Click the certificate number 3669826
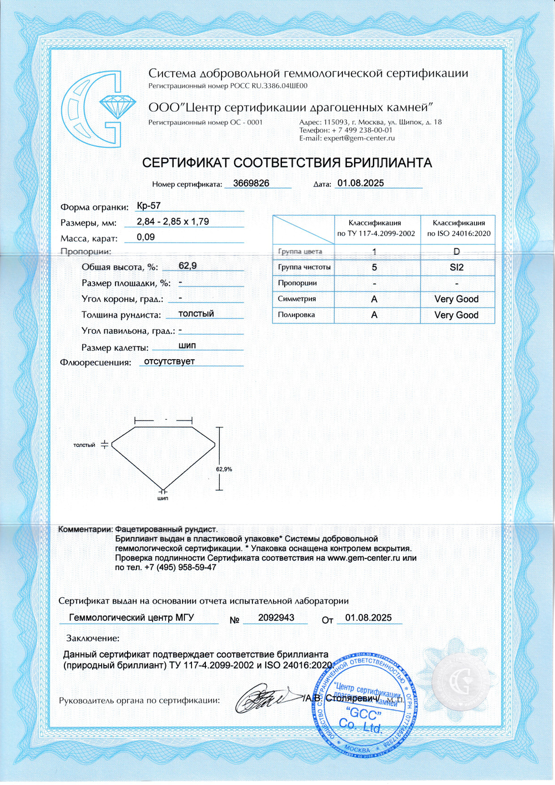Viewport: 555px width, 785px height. click(251, 183)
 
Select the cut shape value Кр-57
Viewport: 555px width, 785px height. click(149, 206)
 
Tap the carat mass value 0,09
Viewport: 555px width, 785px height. click(146, 237)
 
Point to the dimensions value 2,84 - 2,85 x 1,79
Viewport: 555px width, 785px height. click(173, 222)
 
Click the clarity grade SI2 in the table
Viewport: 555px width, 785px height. click(457, 268)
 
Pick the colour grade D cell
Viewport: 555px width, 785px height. click(457, 251)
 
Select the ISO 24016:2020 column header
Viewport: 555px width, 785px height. click(458, 228)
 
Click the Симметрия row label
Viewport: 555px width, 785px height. click(297, 299)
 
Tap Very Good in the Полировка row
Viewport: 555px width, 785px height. click(456, 315)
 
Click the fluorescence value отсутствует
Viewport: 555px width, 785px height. click(169, 361)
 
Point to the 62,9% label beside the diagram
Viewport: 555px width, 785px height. click(224, 469)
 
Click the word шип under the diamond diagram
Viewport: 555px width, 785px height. click(163, 499)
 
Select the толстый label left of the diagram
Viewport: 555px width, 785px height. click(84, 445)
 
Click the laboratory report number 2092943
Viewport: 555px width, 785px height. click(276, 617)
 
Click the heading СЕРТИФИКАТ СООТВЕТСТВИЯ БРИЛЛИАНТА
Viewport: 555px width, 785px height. click(286, 163)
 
